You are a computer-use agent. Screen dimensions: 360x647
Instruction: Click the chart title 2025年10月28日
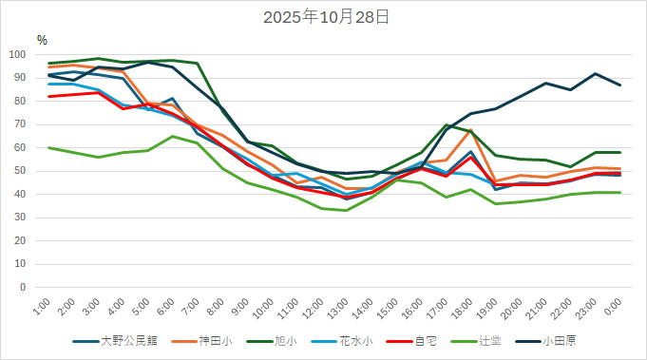tap(323, 17)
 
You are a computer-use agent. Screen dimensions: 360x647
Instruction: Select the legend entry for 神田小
tap(215, 339)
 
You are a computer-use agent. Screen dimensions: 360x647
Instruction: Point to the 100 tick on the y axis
tap(24, 54)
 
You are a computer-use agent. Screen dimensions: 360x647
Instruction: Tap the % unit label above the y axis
tap(42, 40)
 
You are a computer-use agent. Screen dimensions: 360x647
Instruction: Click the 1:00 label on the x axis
tap(41, 306)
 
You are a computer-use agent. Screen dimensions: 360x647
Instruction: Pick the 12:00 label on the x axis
tap(312, 308)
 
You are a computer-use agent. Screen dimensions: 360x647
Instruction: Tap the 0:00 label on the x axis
tap(613, 306)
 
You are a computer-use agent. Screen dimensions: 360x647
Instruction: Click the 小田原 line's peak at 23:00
tap(595, 73)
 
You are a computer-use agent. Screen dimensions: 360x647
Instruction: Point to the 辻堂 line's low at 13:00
tap(346, 210)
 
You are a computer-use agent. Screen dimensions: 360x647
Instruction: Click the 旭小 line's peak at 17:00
tap(446, 124)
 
